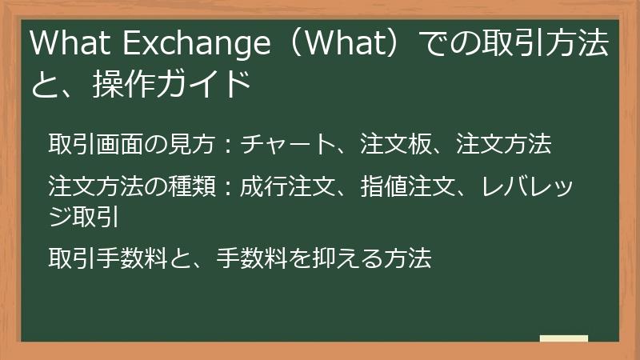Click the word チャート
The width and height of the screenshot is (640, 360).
click(x=286, y=144)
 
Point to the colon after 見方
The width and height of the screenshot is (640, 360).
click(x=226, y=145)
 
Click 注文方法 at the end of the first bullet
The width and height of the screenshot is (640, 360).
click(x=502, y=144)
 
